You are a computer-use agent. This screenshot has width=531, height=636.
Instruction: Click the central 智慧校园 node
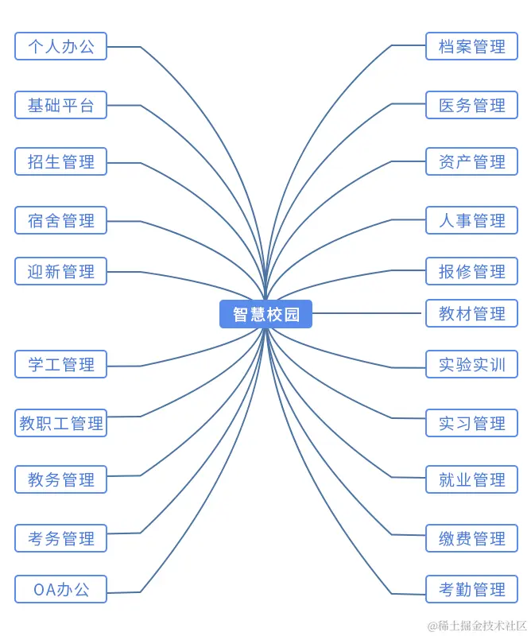(x=265, y=314)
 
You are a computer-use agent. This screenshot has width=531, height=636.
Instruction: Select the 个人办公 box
(x=60, y=46)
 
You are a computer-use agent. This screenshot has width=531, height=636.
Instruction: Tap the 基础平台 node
(x=60, y=105)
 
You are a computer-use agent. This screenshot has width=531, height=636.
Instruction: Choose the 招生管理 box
(x=60, y=161)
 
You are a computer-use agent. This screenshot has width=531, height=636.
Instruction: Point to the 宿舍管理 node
(x=60, y=220)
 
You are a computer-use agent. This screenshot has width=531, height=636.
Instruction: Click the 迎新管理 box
(x=60, y=271)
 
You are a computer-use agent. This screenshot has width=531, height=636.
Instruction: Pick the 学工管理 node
(x=60, y=364)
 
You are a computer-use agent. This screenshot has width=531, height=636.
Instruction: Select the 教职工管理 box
(x=60, y=423)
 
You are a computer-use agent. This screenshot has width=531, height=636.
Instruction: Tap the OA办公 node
(x=60, y=589)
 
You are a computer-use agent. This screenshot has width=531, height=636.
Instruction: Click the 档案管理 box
(x=471, y=46)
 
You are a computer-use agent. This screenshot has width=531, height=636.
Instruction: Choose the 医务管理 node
(x=471, y=105)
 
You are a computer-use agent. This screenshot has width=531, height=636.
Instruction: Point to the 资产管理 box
(x=471, y=161)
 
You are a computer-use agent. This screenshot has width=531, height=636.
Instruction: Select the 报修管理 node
(x=471, y=271)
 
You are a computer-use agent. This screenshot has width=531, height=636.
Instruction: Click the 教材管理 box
(x=471, y=313)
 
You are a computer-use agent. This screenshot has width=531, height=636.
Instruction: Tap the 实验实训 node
(x=471, y=364)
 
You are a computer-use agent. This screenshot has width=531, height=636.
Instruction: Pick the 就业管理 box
(x=471, y=479)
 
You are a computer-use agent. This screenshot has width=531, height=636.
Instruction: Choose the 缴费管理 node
(x=471, y=538)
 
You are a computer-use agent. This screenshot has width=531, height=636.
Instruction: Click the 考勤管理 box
(x=471, y=589)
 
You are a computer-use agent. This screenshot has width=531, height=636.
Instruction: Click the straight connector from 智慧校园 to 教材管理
(x=367, y=313)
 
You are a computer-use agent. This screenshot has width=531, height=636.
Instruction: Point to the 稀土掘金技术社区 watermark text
(x=478, y=626)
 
